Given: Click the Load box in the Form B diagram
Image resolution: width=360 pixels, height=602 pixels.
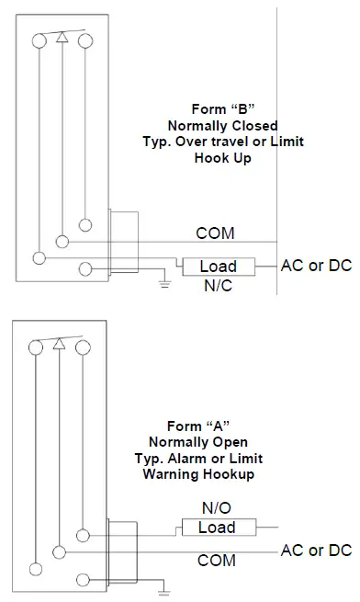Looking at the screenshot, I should [218, 267].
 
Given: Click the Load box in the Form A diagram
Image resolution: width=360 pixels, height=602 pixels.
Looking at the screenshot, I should [217, 528].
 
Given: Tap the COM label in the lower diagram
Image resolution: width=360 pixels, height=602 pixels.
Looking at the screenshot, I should [217, 560].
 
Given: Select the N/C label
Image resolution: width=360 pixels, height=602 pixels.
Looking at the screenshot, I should [217, 286].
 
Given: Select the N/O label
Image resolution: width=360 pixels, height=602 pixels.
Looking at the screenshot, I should [217, 507].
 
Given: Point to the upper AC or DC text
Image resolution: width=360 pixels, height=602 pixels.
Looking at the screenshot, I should [316, 267].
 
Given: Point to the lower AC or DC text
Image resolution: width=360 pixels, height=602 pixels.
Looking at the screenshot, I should [316, 551].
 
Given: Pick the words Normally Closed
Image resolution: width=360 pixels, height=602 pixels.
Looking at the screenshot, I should [223, 124].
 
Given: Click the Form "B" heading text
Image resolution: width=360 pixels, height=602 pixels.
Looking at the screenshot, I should [222, 108].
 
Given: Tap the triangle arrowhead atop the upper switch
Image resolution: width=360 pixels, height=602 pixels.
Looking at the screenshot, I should [62, 38].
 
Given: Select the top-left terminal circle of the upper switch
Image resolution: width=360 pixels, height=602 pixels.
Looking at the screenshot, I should [38, 40].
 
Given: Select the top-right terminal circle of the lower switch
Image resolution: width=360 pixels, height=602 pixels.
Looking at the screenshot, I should [84, 347].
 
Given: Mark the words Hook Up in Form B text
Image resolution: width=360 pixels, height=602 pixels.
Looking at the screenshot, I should [222, 157].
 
